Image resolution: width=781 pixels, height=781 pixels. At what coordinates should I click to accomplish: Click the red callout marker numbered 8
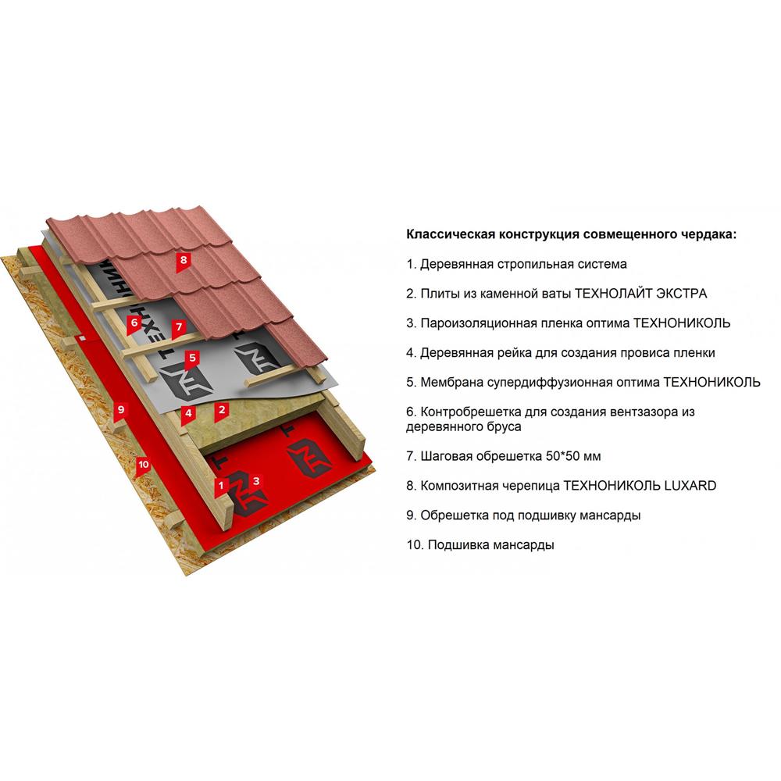pyautogui.click(x=184, y=261)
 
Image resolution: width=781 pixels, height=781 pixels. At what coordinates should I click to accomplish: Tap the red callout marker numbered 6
pyautogui.click(x=134, y=324)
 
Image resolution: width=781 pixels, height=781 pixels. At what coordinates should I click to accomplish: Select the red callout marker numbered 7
pyautogui.click(x=179, y=328)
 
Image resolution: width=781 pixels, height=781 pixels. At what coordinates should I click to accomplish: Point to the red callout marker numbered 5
pyautogui.click(x=192, y=358)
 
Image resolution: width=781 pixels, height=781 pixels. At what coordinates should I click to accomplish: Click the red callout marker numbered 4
pyautogui.click(x=188, y=414)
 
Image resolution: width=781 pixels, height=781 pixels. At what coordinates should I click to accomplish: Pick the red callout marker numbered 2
pyautogui.click(x=222, y=412)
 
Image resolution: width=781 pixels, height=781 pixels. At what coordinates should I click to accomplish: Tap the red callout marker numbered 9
pyautogui.click(x=121, y=412)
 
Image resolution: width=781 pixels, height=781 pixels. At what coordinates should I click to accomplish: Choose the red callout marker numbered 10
pyautogui.click(x=144, y=466)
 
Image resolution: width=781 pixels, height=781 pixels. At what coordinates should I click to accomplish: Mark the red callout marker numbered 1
pyautogui.click(x=221, y=487)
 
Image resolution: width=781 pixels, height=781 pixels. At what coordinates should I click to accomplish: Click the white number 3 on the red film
pyautogui.click(x=256, y=481)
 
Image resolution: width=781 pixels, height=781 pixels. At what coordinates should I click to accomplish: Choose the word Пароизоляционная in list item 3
pyautogui.click(x=476, y=324)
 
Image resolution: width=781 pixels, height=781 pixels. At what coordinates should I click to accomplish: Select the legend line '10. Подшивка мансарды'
pyautogui.click(x=480, y=545)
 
